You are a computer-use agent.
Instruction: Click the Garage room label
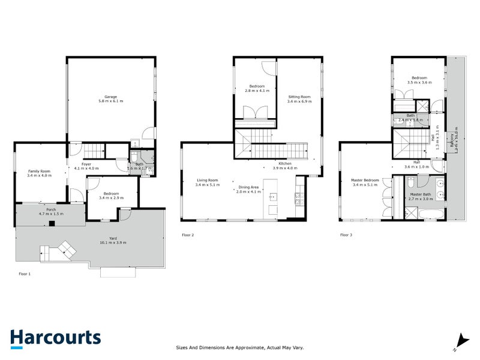pos(110,97)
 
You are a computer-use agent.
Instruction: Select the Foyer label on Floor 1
pos(86,164)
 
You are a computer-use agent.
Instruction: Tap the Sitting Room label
pos(299,97)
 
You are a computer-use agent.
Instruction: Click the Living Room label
pos(207,181)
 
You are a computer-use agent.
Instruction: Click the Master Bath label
pos(420,194)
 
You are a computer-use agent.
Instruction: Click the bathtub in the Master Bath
pos(431,214)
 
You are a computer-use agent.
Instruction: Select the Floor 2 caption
pos(188,235)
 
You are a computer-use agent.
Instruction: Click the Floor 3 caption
pos(346,235)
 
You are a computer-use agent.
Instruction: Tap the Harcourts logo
pos(55,337)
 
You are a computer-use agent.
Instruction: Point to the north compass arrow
pos(461,340)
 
